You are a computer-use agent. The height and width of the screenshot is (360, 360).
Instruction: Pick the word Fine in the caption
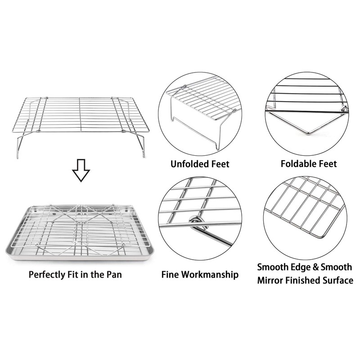[171, 274]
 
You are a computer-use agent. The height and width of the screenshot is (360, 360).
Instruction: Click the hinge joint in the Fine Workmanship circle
[195, 221]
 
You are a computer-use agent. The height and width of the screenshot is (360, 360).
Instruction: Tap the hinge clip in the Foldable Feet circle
[344, 108]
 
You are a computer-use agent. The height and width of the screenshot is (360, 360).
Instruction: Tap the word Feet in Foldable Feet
[327, 164]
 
